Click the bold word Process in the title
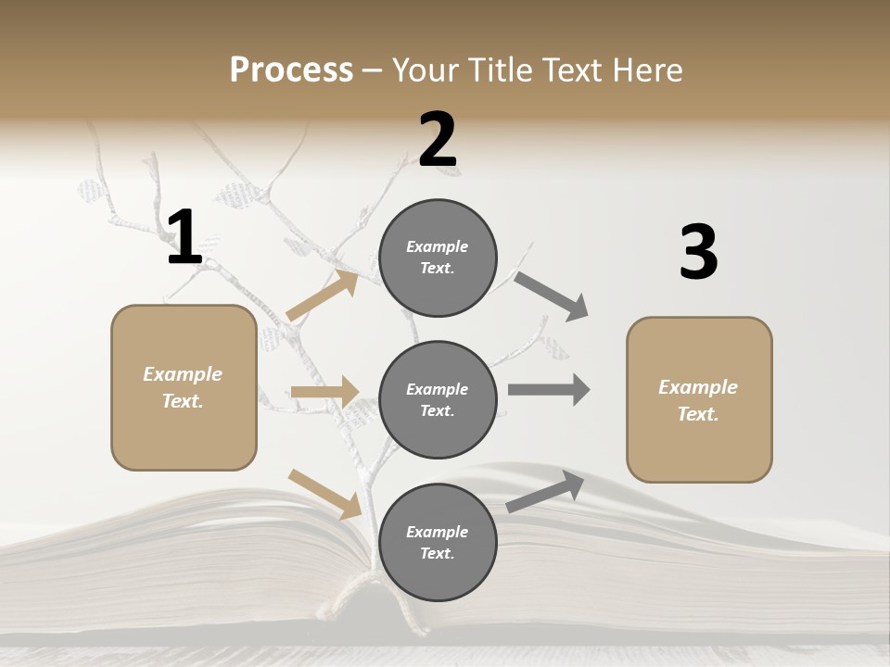coord(291,70)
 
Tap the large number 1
coord(184,238)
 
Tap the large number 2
coord(438,140)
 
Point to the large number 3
coord(698,252)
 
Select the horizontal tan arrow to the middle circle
coord(324,393)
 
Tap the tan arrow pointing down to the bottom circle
coord(324,494)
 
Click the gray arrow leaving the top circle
coord(552,296)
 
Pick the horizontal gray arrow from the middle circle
coord(549,390)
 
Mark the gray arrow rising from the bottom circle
coord(546,491)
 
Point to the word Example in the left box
coord(183,374)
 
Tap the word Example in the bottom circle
coord(437,532)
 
